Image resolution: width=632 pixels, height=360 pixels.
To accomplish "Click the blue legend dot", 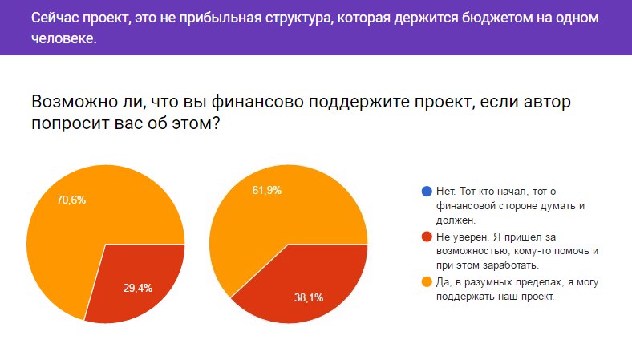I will [426, 192].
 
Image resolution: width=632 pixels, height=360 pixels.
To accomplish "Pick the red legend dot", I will [426, 237].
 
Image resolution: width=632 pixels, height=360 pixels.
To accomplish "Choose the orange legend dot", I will [426, 281].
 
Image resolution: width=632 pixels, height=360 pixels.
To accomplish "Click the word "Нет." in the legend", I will [447, 192].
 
